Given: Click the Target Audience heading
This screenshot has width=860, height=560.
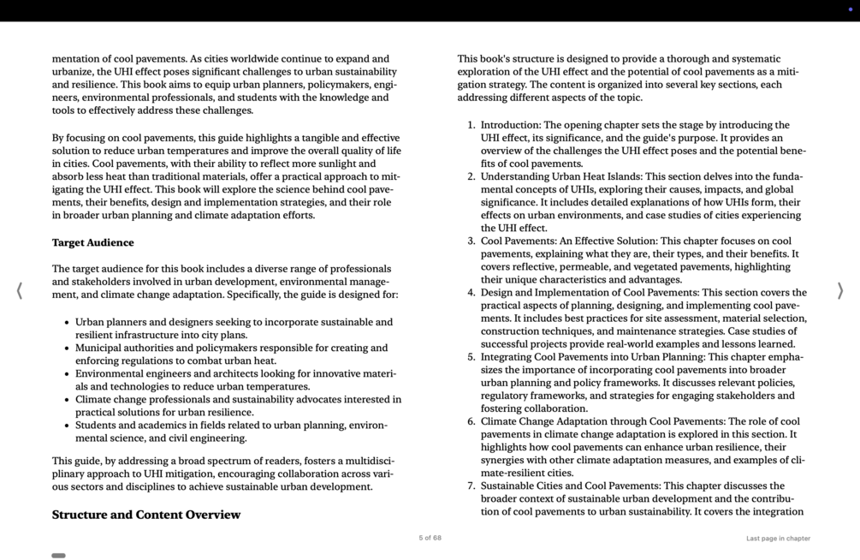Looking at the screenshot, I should point(92,242).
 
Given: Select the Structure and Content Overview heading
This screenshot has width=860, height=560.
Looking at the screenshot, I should point(145,515).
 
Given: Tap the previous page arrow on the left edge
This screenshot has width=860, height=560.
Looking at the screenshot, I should point(19,290).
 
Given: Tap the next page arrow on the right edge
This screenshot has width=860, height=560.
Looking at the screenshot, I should point(839,290).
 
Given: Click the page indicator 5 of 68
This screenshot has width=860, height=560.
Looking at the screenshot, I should point(430,538).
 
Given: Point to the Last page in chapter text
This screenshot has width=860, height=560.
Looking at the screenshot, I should point(777,539).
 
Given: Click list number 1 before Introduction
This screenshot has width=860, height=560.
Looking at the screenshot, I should point(471,125).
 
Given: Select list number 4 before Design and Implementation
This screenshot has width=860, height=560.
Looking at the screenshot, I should point(471,293).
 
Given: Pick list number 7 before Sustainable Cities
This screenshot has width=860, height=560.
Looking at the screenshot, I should point(471,486).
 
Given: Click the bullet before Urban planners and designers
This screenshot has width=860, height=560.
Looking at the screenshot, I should point(67,323).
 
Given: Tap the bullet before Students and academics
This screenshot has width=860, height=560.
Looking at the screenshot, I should point(67,426).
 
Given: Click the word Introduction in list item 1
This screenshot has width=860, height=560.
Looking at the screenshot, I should point(511,125).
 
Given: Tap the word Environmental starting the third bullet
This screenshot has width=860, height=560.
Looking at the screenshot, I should point(114,373).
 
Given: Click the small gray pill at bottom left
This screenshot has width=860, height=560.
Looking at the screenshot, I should point(58,556).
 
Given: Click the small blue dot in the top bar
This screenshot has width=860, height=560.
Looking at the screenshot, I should point(850,9).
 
